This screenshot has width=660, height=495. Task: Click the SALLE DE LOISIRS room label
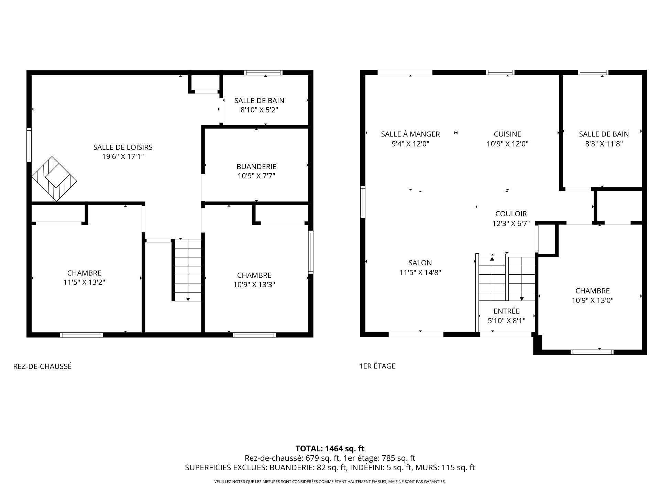tap(123, 147)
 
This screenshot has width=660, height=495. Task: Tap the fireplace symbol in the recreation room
tap(54, 179)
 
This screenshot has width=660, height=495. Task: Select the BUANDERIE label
tap(256, 166)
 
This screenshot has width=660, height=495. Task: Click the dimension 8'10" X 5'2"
tap(259, 110)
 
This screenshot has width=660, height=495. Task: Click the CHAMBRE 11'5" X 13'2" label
tap(84, 273)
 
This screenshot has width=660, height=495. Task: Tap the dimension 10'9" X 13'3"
tap(254, 285)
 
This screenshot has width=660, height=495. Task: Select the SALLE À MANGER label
tap(410, 134)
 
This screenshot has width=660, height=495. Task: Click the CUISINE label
tap(507, 134)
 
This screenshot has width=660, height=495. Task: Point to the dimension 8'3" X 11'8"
tap(604, 144)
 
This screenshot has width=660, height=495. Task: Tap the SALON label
tap(420, 263)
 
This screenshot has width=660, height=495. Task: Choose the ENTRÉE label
tap(506, 311)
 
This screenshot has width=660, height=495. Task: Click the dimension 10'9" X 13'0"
tap(592, 300)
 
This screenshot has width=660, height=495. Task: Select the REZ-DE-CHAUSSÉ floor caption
tap(42, 366)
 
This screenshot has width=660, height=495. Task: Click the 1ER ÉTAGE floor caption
tap(377, 366)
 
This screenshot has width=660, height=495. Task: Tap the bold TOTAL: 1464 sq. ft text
tap(330, 449)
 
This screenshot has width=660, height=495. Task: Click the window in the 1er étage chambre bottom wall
tap(592, 352)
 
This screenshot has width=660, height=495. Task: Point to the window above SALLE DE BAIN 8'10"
tap(263, 73)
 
